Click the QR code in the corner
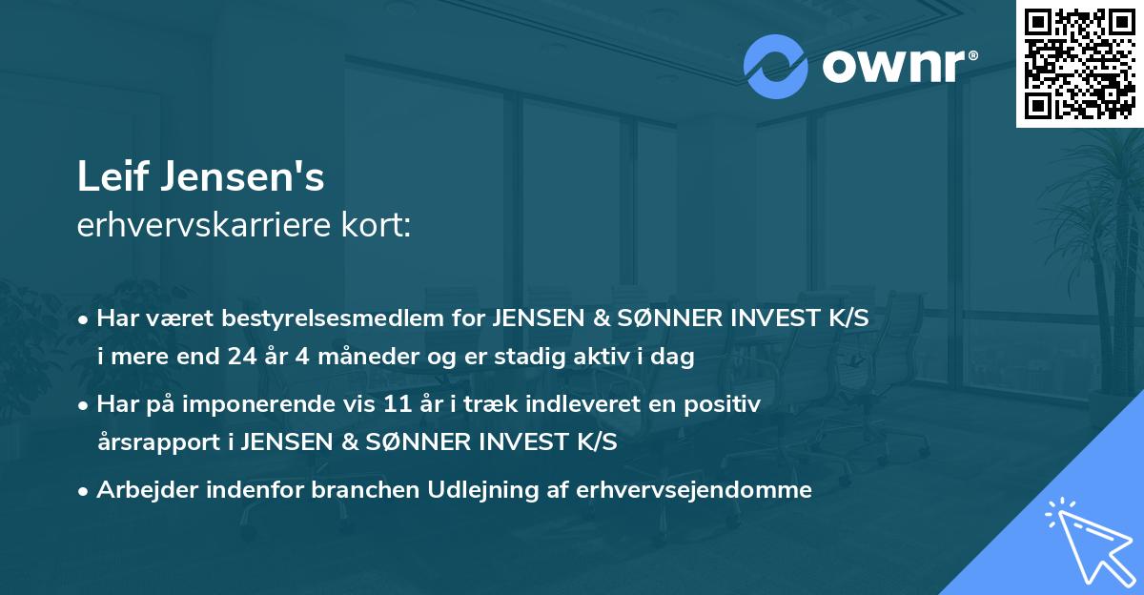click(1080, 63)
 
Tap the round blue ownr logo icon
click(775, 67)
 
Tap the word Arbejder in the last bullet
click(141, 490)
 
